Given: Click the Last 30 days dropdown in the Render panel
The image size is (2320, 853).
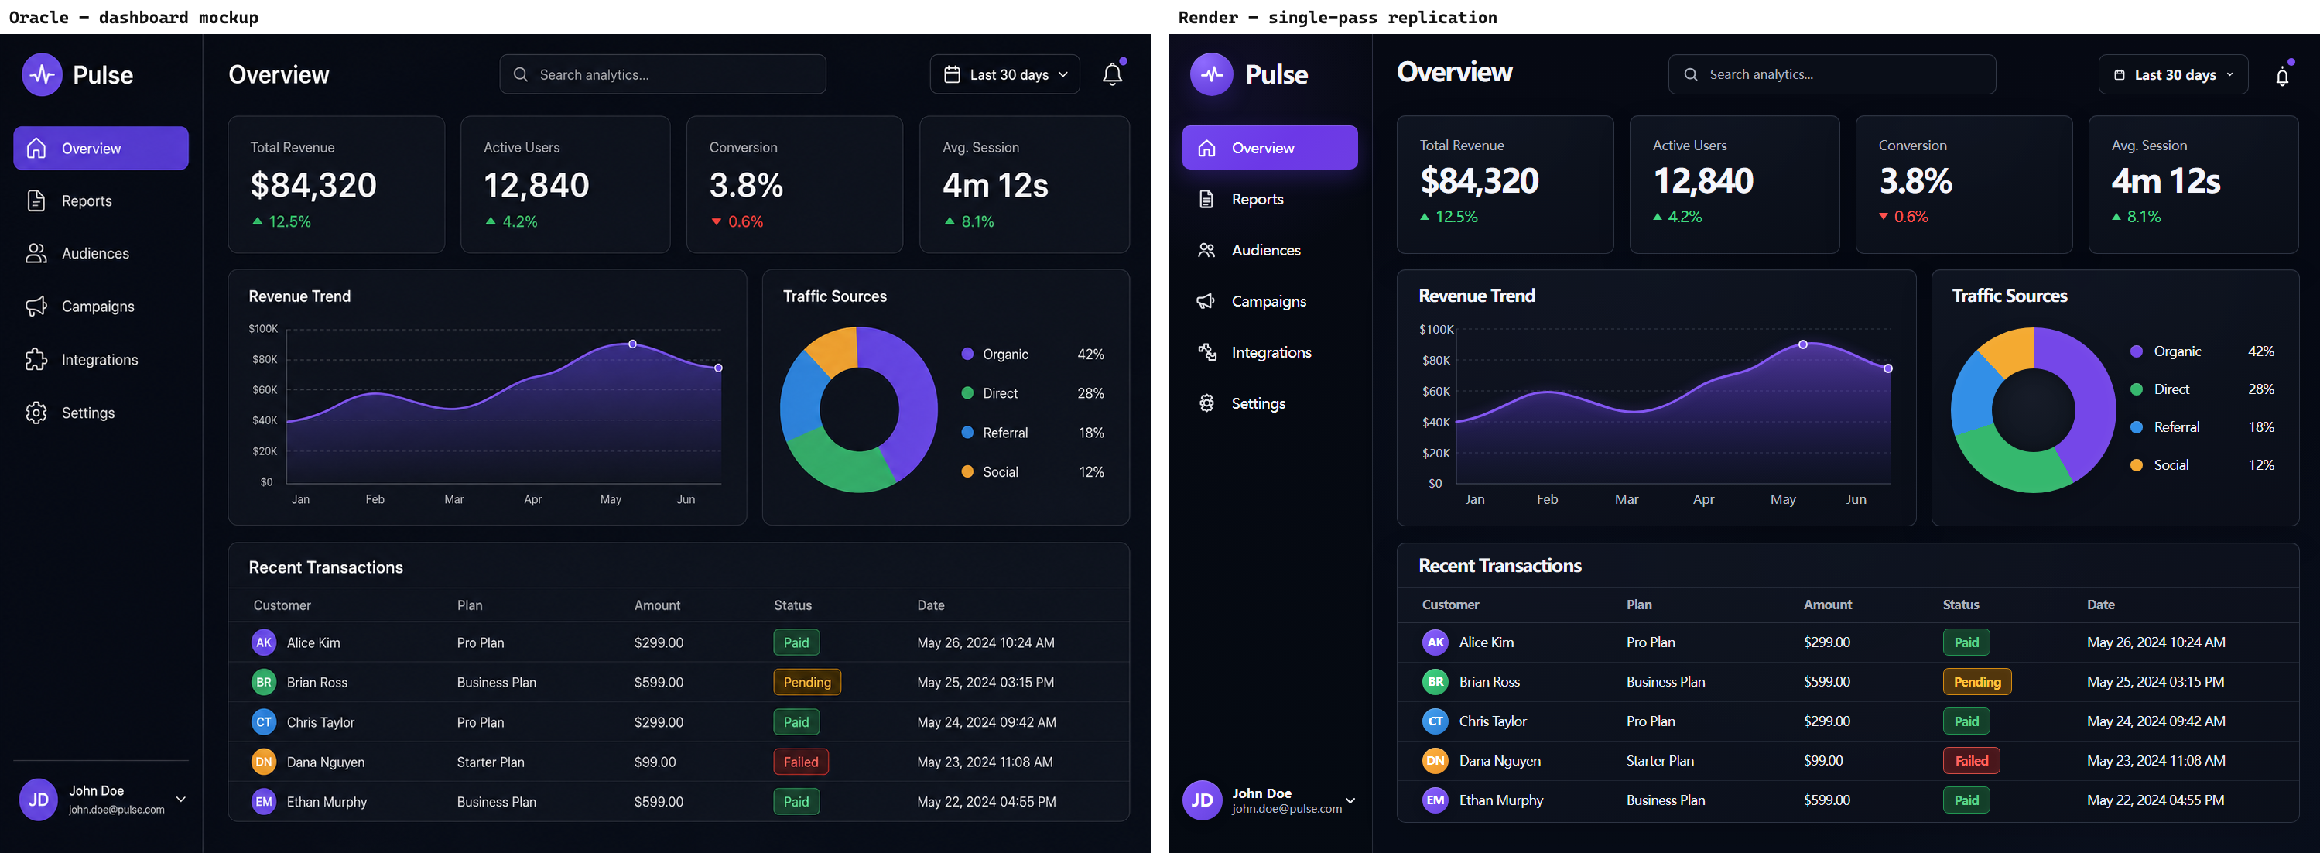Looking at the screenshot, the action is (x=2172, y=75).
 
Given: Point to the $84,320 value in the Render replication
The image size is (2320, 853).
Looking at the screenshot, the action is (x=1479, y=181).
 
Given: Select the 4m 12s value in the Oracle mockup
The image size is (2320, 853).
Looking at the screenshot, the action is (x=995, y=186).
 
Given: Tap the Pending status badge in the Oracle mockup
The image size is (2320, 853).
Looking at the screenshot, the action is (x=807, y=682).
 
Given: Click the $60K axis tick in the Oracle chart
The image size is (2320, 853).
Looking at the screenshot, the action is (x=265, y=390).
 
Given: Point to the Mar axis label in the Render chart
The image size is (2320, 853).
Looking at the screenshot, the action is (x=1626, y=499).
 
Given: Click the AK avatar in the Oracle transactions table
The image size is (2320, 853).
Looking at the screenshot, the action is (x=264, y=642).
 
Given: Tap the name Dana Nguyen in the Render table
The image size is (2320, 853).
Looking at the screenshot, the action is (x=1500, y=760).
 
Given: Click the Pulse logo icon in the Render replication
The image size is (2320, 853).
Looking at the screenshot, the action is (x=1211, y=74).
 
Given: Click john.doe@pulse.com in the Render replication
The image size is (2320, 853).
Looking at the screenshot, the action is (x=1286, y=809).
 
